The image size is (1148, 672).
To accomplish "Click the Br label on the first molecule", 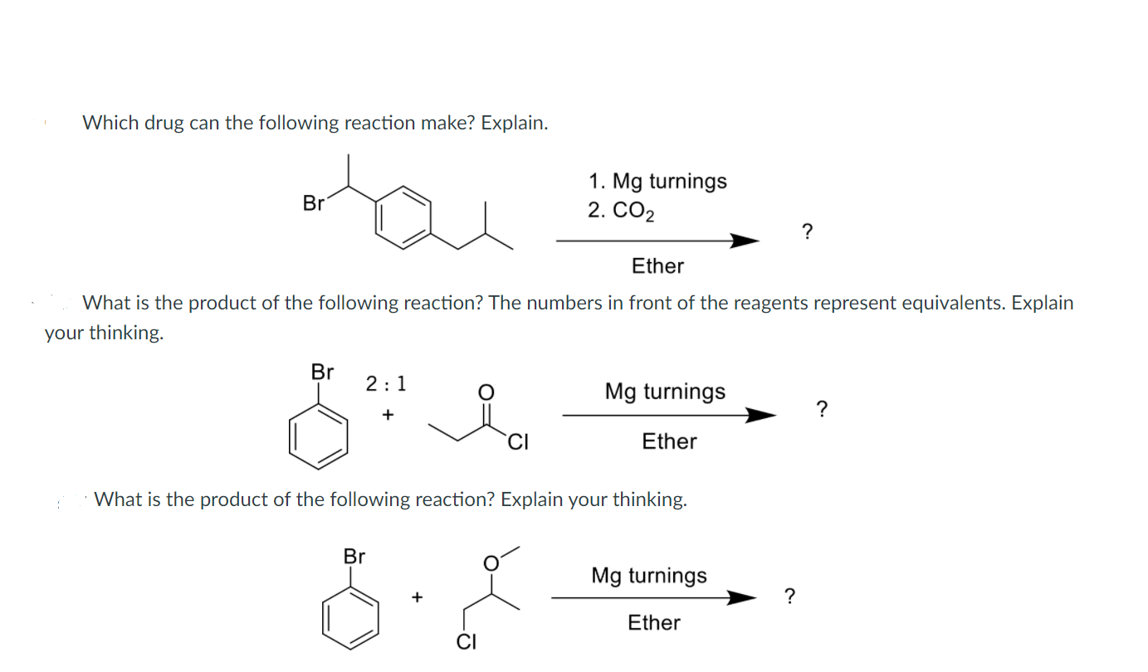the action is point(314,202).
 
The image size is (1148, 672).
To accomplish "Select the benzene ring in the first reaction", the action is point(404,217).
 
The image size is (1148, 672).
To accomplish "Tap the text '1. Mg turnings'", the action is point(657,181).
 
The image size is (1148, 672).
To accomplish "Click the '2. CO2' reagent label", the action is point(620,212).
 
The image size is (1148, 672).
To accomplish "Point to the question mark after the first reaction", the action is point(807,231).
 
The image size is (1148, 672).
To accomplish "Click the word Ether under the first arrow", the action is point(657,266).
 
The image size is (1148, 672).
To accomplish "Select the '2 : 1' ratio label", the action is point(386,383).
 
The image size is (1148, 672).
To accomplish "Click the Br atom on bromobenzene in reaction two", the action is point(322,372).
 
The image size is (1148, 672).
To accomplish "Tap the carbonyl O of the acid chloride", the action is point(488,391).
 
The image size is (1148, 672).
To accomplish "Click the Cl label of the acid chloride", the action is point(518,441).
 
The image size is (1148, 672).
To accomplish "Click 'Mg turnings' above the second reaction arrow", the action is point(665,392).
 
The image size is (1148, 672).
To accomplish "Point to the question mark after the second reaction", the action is point(822,408).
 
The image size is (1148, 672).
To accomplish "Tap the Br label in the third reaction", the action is point(354,556).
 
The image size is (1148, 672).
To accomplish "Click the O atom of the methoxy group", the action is point(491,563).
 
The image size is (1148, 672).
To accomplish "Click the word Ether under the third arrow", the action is point(654,623).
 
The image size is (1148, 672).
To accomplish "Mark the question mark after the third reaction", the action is point(790,596).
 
